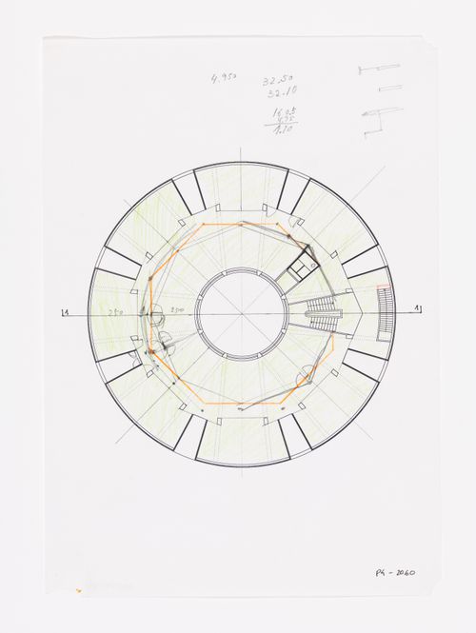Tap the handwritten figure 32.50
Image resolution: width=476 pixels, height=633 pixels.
278,83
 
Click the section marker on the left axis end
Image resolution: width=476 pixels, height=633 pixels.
65,311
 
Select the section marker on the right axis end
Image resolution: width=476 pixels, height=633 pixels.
416,310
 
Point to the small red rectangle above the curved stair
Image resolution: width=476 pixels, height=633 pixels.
383,285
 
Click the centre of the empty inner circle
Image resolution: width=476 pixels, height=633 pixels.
240,311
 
